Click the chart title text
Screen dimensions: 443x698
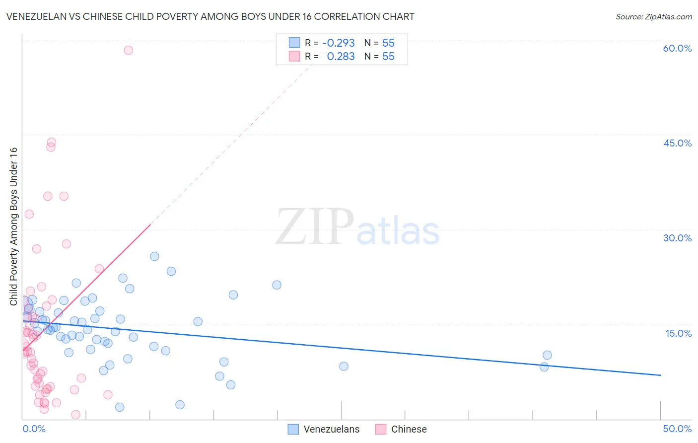coord(210,16)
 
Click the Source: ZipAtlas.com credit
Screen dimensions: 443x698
coord(653,16)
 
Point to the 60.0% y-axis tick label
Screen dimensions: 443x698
coord(677,48)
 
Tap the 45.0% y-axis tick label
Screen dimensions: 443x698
coord(677,143)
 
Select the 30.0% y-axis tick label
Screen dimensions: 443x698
coord(677,238)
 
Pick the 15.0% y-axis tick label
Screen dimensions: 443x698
coord(678,333)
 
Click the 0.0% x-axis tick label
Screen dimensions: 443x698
coord(34,429)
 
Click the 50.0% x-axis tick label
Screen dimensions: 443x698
coord(677,429)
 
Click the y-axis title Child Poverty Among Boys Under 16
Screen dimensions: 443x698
coord(14,226)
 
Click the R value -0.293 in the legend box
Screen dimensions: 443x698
coord(338,43)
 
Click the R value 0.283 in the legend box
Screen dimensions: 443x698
coord(341,57)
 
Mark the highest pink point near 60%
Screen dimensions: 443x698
coord(128,50)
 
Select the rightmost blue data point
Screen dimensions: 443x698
coord(547,355)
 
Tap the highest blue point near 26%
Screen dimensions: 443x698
coord(154,256)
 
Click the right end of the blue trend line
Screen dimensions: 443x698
coord(660,375)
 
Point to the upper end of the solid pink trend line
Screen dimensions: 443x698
coord(150,224)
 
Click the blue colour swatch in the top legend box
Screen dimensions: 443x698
coord(294,43)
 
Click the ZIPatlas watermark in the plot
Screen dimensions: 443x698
coord(357,228)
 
